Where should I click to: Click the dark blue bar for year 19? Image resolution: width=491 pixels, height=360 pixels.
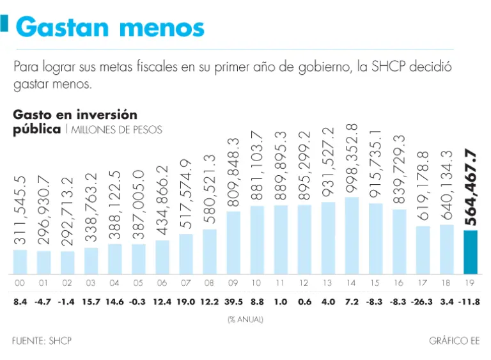tap(470, 251)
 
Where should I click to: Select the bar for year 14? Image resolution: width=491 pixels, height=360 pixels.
tap(352, 235)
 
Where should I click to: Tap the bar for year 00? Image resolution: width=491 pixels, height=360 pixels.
tap(20, 261)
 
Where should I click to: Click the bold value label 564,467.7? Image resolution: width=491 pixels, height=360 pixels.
tap(471, 187)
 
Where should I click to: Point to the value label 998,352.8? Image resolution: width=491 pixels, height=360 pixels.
tap(352, 158)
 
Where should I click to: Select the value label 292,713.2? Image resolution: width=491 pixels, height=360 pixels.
tap(67, 212)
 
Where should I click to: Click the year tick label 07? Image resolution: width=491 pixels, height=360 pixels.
tap(185, 282)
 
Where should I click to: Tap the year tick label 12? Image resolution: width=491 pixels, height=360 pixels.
tap(304, 282)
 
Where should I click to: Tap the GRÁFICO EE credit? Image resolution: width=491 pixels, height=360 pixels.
tap(454, 341)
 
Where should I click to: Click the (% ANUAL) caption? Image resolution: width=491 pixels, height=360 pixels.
tap(245, 319)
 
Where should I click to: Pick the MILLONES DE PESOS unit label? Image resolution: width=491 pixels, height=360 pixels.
tap(117, 130)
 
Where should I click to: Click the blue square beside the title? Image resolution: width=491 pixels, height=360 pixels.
tap(4, 26)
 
